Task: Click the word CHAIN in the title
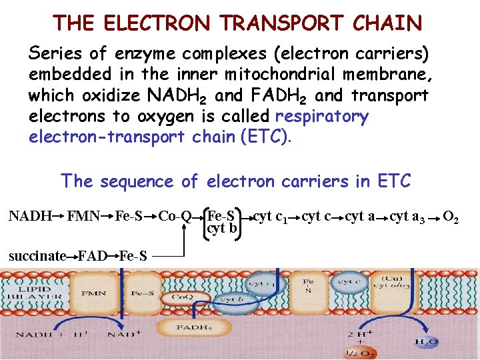coord(388,23)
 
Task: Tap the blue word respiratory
coord(321,117)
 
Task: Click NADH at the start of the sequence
coord(29,216)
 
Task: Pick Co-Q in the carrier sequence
coord(175,216)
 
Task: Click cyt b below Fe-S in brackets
coord(223,229)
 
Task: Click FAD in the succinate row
coord(93,255)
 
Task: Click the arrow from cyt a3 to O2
coord(435,217)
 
